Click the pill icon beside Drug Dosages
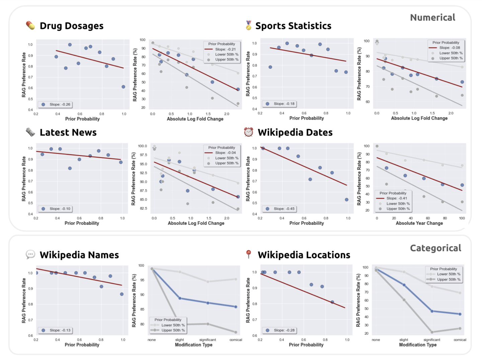30,25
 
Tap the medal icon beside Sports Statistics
248,25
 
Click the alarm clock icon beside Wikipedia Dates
248,132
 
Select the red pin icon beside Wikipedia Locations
248,254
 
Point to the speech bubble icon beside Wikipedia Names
30,255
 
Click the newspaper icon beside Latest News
30,132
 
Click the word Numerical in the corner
432,17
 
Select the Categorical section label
435,248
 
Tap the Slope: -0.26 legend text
60,104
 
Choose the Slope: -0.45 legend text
284,209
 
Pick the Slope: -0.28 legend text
284,330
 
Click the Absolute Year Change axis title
419,223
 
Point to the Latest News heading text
68,132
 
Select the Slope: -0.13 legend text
60,330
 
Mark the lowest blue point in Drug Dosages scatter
124,87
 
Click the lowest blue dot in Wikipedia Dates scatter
347,200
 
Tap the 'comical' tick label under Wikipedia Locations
460,340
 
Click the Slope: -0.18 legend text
284,104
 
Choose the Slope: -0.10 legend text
60,209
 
